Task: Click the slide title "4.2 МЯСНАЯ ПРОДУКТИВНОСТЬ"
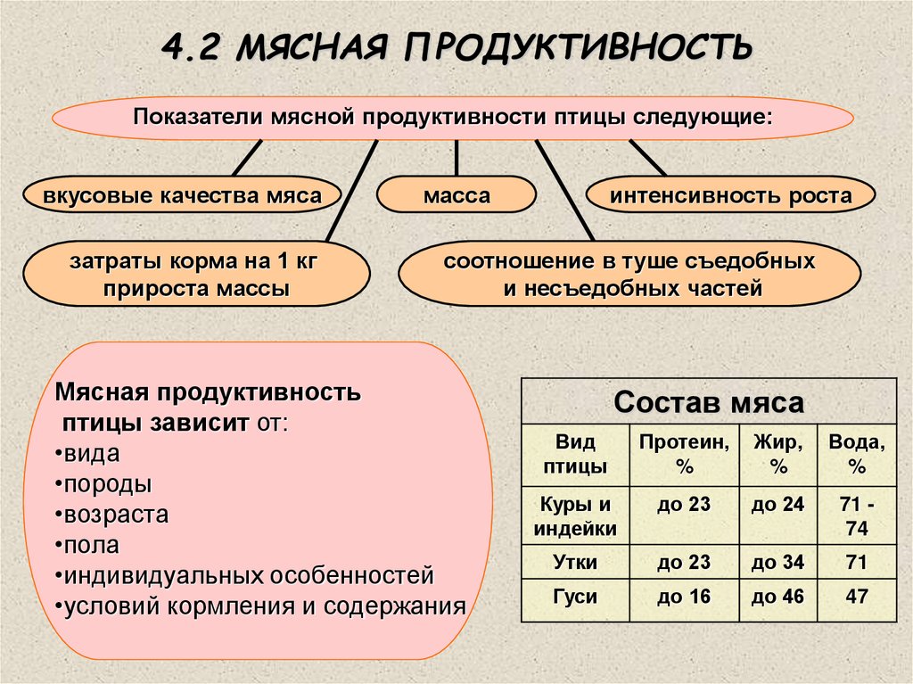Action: (x=456, y=46)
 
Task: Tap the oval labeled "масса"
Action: (x=456, y=195)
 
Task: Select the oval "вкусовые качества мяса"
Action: (x=182, y=195)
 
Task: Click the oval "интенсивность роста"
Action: (x=730, y=195)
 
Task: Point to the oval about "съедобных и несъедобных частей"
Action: (x=629, y=276)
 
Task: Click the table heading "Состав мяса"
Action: (x=709, y=401)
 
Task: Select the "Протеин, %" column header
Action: (x=684, y=454)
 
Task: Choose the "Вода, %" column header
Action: (x=857, y=454)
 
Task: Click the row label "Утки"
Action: (x=575, y=563)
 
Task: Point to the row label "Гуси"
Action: (x=575, y=597)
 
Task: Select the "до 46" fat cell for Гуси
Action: (x=777, y=597)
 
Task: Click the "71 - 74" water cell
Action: (x=857, y=517)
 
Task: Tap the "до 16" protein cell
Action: (x=684, y=597)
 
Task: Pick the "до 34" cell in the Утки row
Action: (x=777, y=563)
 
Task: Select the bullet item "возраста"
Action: (x=116, y=515)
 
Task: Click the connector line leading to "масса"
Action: (x=456, y=158)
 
